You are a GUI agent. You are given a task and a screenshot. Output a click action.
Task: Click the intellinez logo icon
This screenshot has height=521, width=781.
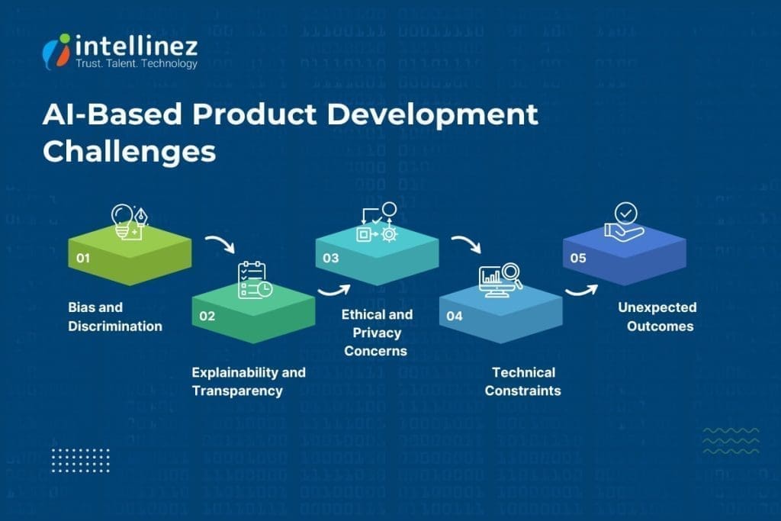[57, 50]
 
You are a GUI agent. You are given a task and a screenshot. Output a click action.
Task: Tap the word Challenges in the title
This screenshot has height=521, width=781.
[129, 150]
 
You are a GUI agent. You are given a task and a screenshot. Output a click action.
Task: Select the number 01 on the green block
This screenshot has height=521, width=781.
[83, 258]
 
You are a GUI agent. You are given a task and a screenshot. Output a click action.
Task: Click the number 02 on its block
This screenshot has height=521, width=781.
[207, 315]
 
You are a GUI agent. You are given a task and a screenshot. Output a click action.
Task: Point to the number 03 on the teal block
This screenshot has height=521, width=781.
[330, 258]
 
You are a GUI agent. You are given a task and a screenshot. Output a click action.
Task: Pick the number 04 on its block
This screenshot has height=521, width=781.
[455, 315]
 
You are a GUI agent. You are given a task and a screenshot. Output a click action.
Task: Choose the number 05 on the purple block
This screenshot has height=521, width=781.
[578, 258]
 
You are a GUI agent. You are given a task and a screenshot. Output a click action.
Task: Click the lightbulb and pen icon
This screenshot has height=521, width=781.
[129, 220]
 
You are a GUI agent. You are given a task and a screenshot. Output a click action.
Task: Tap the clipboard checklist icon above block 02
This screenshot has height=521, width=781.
[252, 280]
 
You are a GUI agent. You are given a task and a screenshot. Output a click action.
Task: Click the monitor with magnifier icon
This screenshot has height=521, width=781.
[500, 280]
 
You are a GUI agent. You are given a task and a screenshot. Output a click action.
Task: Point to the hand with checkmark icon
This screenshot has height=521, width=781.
[624, 221]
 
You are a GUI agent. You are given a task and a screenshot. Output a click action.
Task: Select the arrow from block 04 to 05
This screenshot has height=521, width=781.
[581, 291]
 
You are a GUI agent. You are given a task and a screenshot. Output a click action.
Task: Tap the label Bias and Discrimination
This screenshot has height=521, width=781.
[115, 317]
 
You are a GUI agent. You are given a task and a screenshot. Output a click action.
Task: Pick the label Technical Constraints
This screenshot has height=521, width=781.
[523, 381]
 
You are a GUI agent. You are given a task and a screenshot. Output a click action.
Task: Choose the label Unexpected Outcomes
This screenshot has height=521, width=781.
[656, 317]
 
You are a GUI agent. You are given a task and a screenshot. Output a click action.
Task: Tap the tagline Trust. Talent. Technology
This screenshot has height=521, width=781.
[137, 64]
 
